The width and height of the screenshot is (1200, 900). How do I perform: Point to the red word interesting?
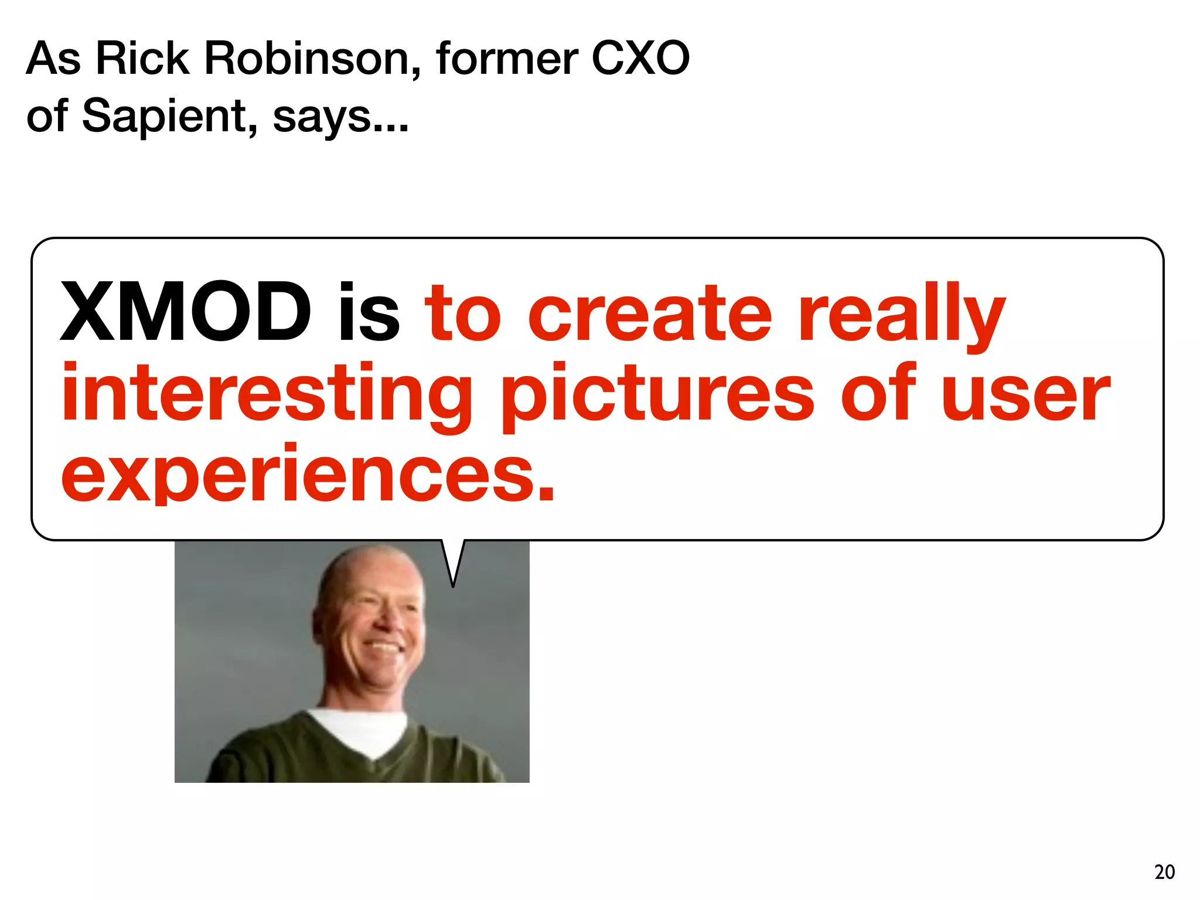[267, 394]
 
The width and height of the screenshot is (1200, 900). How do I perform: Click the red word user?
[1025, 394]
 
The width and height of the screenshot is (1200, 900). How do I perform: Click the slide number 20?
[1164, 872]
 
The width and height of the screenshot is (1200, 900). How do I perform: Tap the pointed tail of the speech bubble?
[453, 577]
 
